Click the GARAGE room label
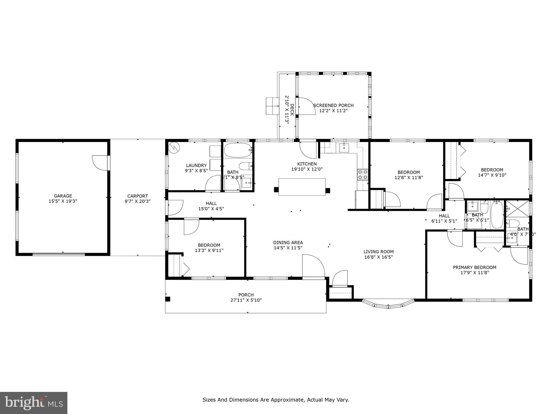[63, 196]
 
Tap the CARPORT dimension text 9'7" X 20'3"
[137, 201]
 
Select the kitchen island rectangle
[302, 187]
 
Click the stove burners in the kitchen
[362, 174]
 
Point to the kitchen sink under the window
[344, 148]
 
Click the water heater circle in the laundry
[174, 147]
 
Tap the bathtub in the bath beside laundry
[237, 150]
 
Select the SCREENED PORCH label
[333, 105]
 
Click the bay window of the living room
[388, 304]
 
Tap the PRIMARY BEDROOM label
[474, 267]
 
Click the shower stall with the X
[517, 209]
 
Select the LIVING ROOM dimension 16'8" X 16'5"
[378, 257]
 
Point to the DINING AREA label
[288, 243]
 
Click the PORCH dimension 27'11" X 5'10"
[246, 300]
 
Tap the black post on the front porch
[168, 299]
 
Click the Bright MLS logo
[33, 403]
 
